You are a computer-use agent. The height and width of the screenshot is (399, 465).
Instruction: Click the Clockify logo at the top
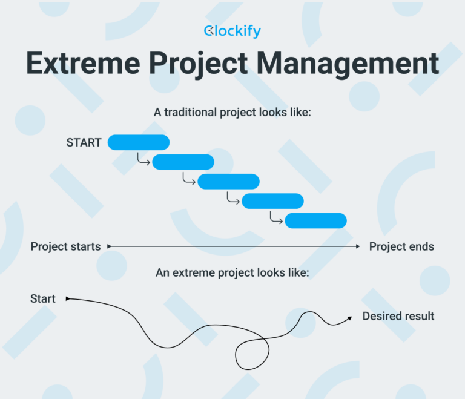(232, 31)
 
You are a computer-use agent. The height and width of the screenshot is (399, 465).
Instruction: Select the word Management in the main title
(358, 64)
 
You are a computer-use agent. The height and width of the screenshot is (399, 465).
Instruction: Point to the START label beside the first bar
(84, 143)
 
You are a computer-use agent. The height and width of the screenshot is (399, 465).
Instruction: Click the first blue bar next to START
(138, 142)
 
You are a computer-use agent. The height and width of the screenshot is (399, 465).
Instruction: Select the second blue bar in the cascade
(183, 162)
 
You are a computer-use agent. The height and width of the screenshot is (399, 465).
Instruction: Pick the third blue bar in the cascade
(228, 181)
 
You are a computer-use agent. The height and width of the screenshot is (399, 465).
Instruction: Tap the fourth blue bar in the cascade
(272, 201)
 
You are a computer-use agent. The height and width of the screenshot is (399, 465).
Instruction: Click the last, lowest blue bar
(315, 221)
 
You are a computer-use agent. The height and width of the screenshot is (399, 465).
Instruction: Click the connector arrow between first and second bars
(143, 159)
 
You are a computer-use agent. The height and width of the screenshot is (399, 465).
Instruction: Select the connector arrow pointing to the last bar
(276, 219)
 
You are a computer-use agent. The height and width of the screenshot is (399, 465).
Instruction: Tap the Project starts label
(65, 246)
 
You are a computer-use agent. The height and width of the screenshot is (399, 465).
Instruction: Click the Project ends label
(401, 246)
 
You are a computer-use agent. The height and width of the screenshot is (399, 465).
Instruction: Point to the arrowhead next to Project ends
(358, 246)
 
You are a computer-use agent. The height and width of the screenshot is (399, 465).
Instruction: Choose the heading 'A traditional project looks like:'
(232, 112)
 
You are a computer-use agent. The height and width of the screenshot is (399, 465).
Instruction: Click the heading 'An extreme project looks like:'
(232, 272)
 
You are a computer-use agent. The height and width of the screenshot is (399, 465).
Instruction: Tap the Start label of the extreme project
(43, 298)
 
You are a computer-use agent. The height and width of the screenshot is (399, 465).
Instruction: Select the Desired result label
(398, 316)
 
